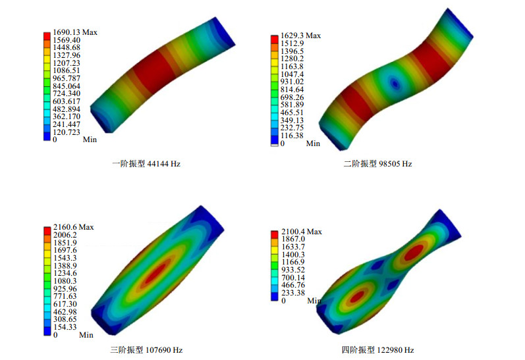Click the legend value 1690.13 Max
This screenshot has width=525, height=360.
[x=75, y=32]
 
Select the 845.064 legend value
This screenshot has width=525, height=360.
[x=67, y=86]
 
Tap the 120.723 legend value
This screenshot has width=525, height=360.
[x=67, y=132]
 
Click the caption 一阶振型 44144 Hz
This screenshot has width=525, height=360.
[x=146, y=164]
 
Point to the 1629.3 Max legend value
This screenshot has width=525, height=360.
[x=300, y=36]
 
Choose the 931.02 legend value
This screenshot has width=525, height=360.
[x=292, y=82]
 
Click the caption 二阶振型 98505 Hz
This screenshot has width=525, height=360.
[x=377, y=164]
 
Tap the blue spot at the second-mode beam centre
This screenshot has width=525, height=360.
[x=395, y=84]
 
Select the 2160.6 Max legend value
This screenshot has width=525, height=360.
[x=73, y=227]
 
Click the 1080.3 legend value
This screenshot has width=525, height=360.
[x=65, y=281]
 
